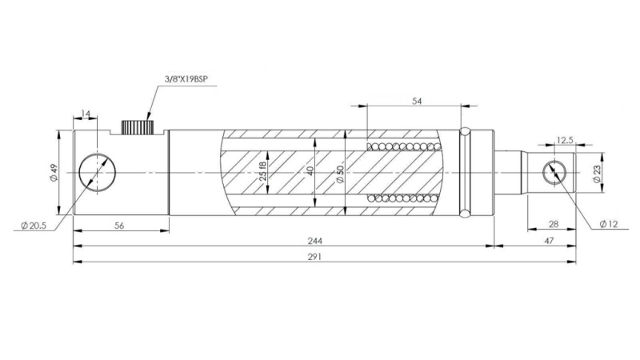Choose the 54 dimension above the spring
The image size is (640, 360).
(x=416, y=101)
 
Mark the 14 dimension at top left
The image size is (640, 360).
(x=86, y=114)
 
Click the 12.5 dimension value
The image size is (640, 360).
(x=565, y=141)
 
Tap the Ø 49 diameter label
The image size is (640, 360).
(x=54, y=174)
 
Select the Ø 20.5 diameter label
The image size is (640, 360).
(x=32, y=226)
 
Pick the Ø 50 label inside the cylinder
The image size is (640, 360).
(x=340, y=174)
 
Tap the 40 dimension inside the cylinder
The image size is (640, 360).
(x=310, y=173)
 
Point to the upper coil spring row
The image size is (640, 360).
(x=404, y=147)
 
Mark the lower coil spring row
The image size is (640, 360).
(x=404, y=198)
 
